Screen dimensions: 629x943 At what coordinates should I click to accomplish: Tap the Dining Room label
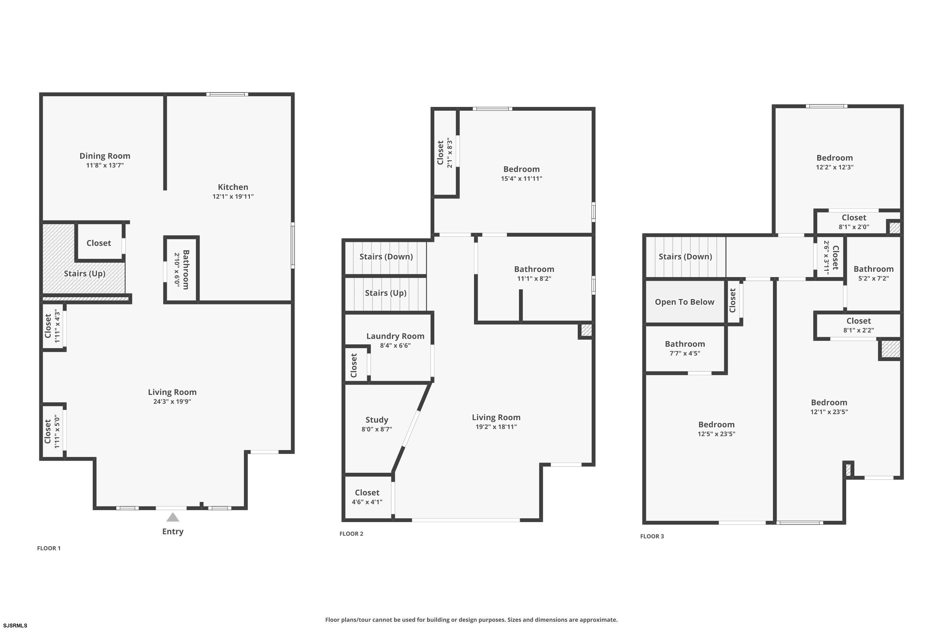pos(105,156)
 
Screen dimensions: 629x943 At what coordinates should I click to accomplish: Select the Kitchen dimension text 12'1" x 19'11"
pos(233,197)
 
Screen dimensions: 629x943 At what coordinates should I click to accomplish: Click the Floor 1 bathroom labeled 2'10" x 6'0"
pos(182,269)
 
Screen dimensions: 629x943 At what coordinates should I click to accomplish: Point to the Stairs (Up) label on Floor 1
pos(85,274)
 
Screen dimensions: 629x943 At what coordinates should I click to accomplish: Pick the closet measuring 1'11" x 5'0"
pos(52,431)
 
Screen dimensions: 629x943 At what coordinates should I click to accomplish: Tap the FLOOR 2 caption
pos(351,533)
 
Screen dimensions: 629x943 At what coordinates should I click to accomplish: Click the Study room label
pos(377,420)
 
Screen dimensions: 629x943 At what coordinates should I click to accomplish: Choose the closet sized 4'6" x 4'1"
pos(367,497)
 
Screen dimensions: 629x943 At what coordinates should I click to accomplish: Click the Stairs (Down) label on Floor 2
pos(386,257)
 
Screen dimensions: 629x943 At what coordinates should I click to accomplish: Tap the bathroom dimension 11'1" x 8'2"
pos(534,279)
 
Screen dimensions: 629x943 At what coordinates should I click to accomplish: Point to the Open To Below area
pos(684,302)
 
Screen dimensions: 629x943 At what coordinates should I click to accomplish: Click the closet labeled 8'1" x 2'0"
pos(854,222)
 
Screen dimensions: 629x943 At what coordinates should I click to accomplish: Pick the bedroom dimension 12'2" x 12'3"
pos(834,167)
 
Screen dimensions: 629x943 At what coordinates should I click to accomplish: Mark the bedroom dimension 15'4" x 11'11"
pos(521,179)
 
